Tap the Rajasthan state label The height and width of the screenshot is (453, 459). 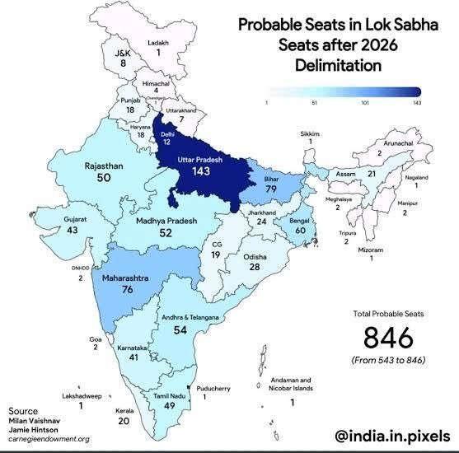tap(104, 166)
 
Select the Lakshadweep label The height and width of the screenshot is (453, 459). tap(80, 395)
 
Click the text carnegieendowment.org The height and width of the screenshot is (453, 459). tap(49, 439)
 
